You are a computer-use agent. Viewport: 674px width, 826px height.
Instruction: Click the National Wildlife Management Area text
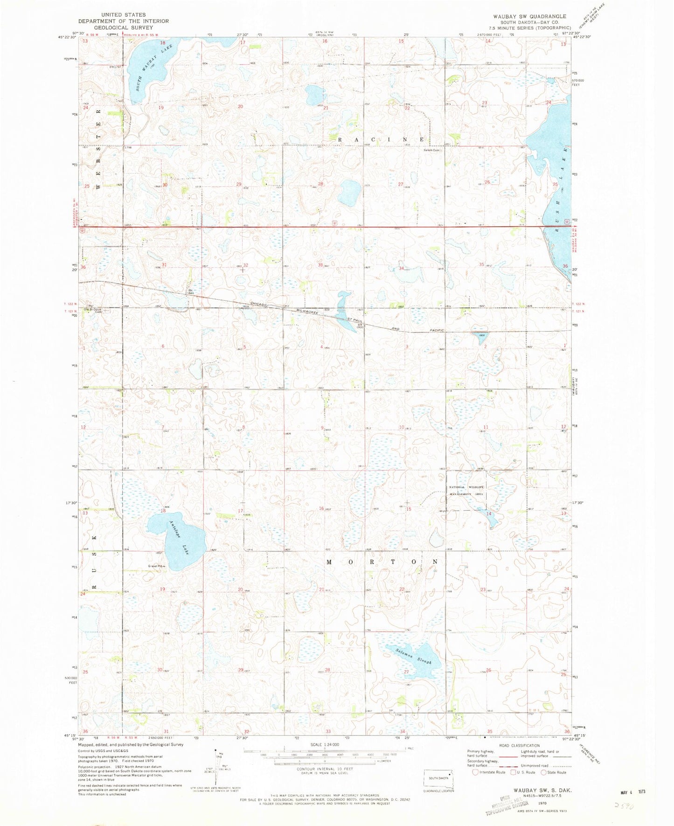point(467,490)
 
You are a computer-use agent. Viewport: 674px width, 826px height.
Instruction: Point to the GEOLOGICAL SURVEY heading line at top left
point(124,28)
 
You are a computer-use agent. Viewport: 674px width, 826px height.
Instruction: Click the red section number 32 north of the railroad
point(246,265)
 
